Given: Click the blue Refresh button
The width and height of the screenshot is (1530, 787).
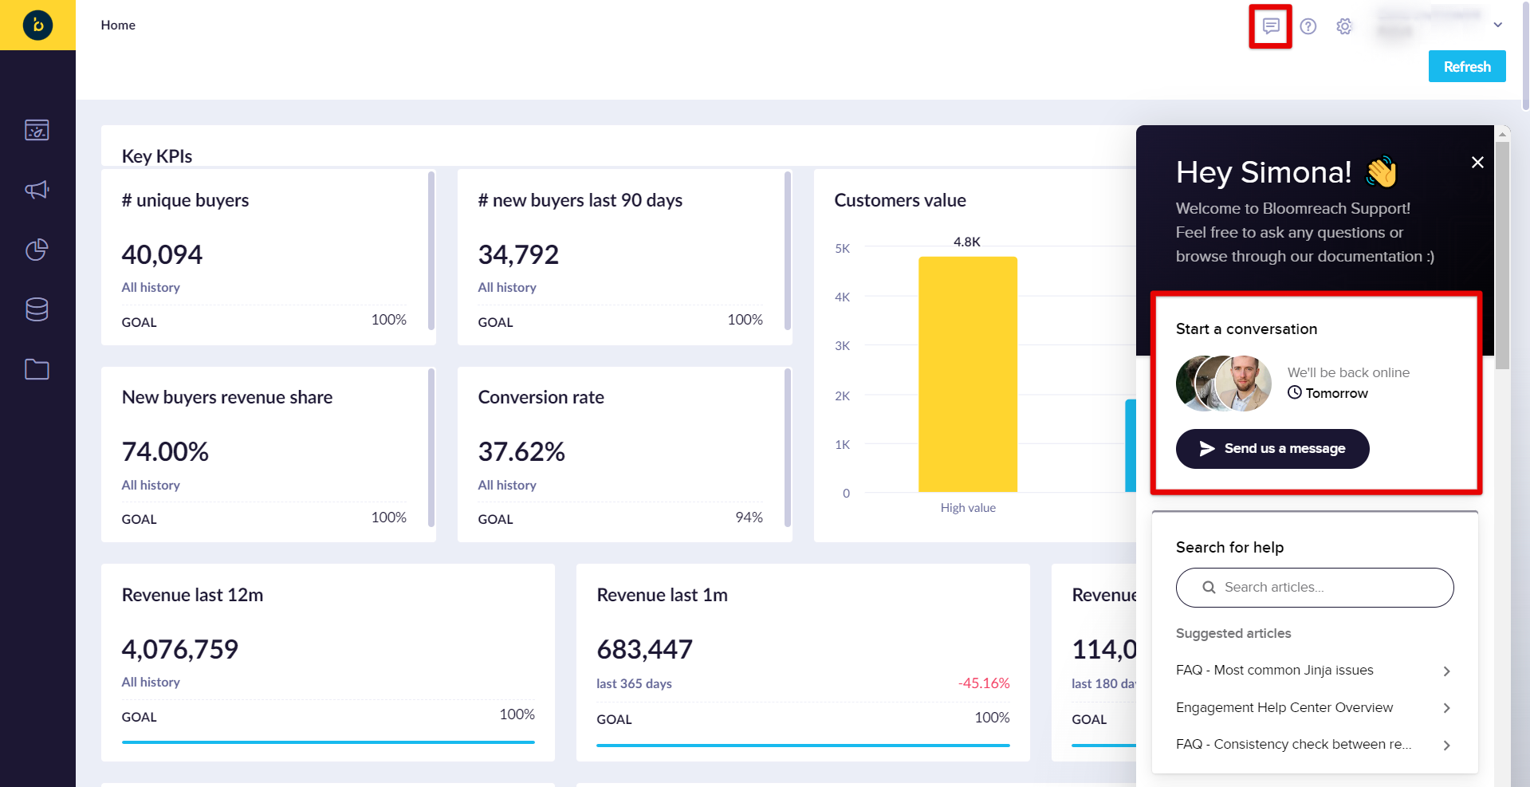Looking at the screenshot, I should point(1466,66).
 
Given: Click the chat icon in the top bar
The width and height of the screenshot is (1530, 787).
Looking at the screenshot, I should point(1271,26).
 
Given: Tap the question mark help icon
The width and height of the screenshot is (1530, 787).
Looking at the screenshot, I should point(1308,26).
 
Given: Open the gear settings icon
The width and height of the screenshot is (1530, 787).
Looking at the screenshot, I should point(1344,26).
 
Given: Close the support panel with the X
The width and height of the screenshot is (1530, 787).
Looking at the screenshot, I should point(1477,163).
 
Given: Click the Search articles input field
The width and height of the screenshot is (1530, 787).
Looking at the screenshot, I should point(1315,588).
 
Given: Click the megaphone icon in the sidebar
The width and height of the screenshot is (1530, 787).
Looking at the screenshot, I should point(37,190).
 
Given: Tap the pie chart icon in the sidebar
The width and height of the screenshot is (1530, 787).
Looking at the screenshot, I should point(37,250).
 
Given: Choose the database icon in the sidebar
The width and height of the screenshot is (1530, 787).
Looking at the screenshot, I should point(37,309).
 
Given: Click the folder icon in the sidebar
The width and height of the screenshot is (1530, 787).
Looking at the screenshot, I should point(37,369).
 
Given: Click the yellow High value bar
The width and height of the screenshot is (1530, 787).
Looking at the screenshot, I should point(967,375).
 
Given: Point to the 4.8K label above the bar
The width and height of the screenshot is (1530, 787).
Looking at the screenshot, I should point(967,242).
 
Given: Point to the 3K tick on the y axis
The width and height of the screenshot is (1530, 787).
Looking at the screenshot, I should point(842,346).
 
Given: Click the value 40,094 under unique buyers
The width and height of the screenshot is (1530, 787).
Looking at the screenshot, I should point(162,255).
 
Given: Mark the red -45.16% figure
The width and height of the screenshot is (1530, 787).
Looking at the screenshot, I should point(984,683).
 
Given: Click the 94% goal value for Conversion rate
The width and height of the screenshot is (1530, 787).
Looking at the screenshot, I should point(749,517).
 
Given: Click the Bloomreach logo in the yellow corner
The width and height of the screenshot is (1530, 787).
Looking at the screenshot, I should point(37,26).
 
